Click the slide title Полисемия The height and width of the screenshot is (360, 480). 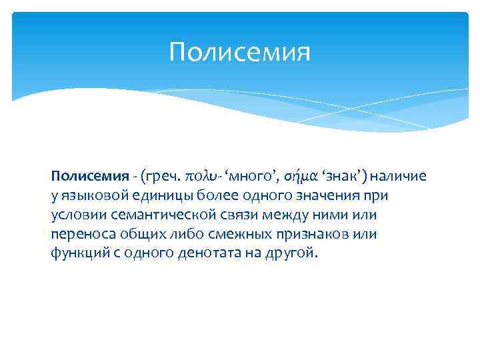[240, 52]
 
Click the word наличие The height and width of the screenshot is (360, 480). [399, 177]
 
